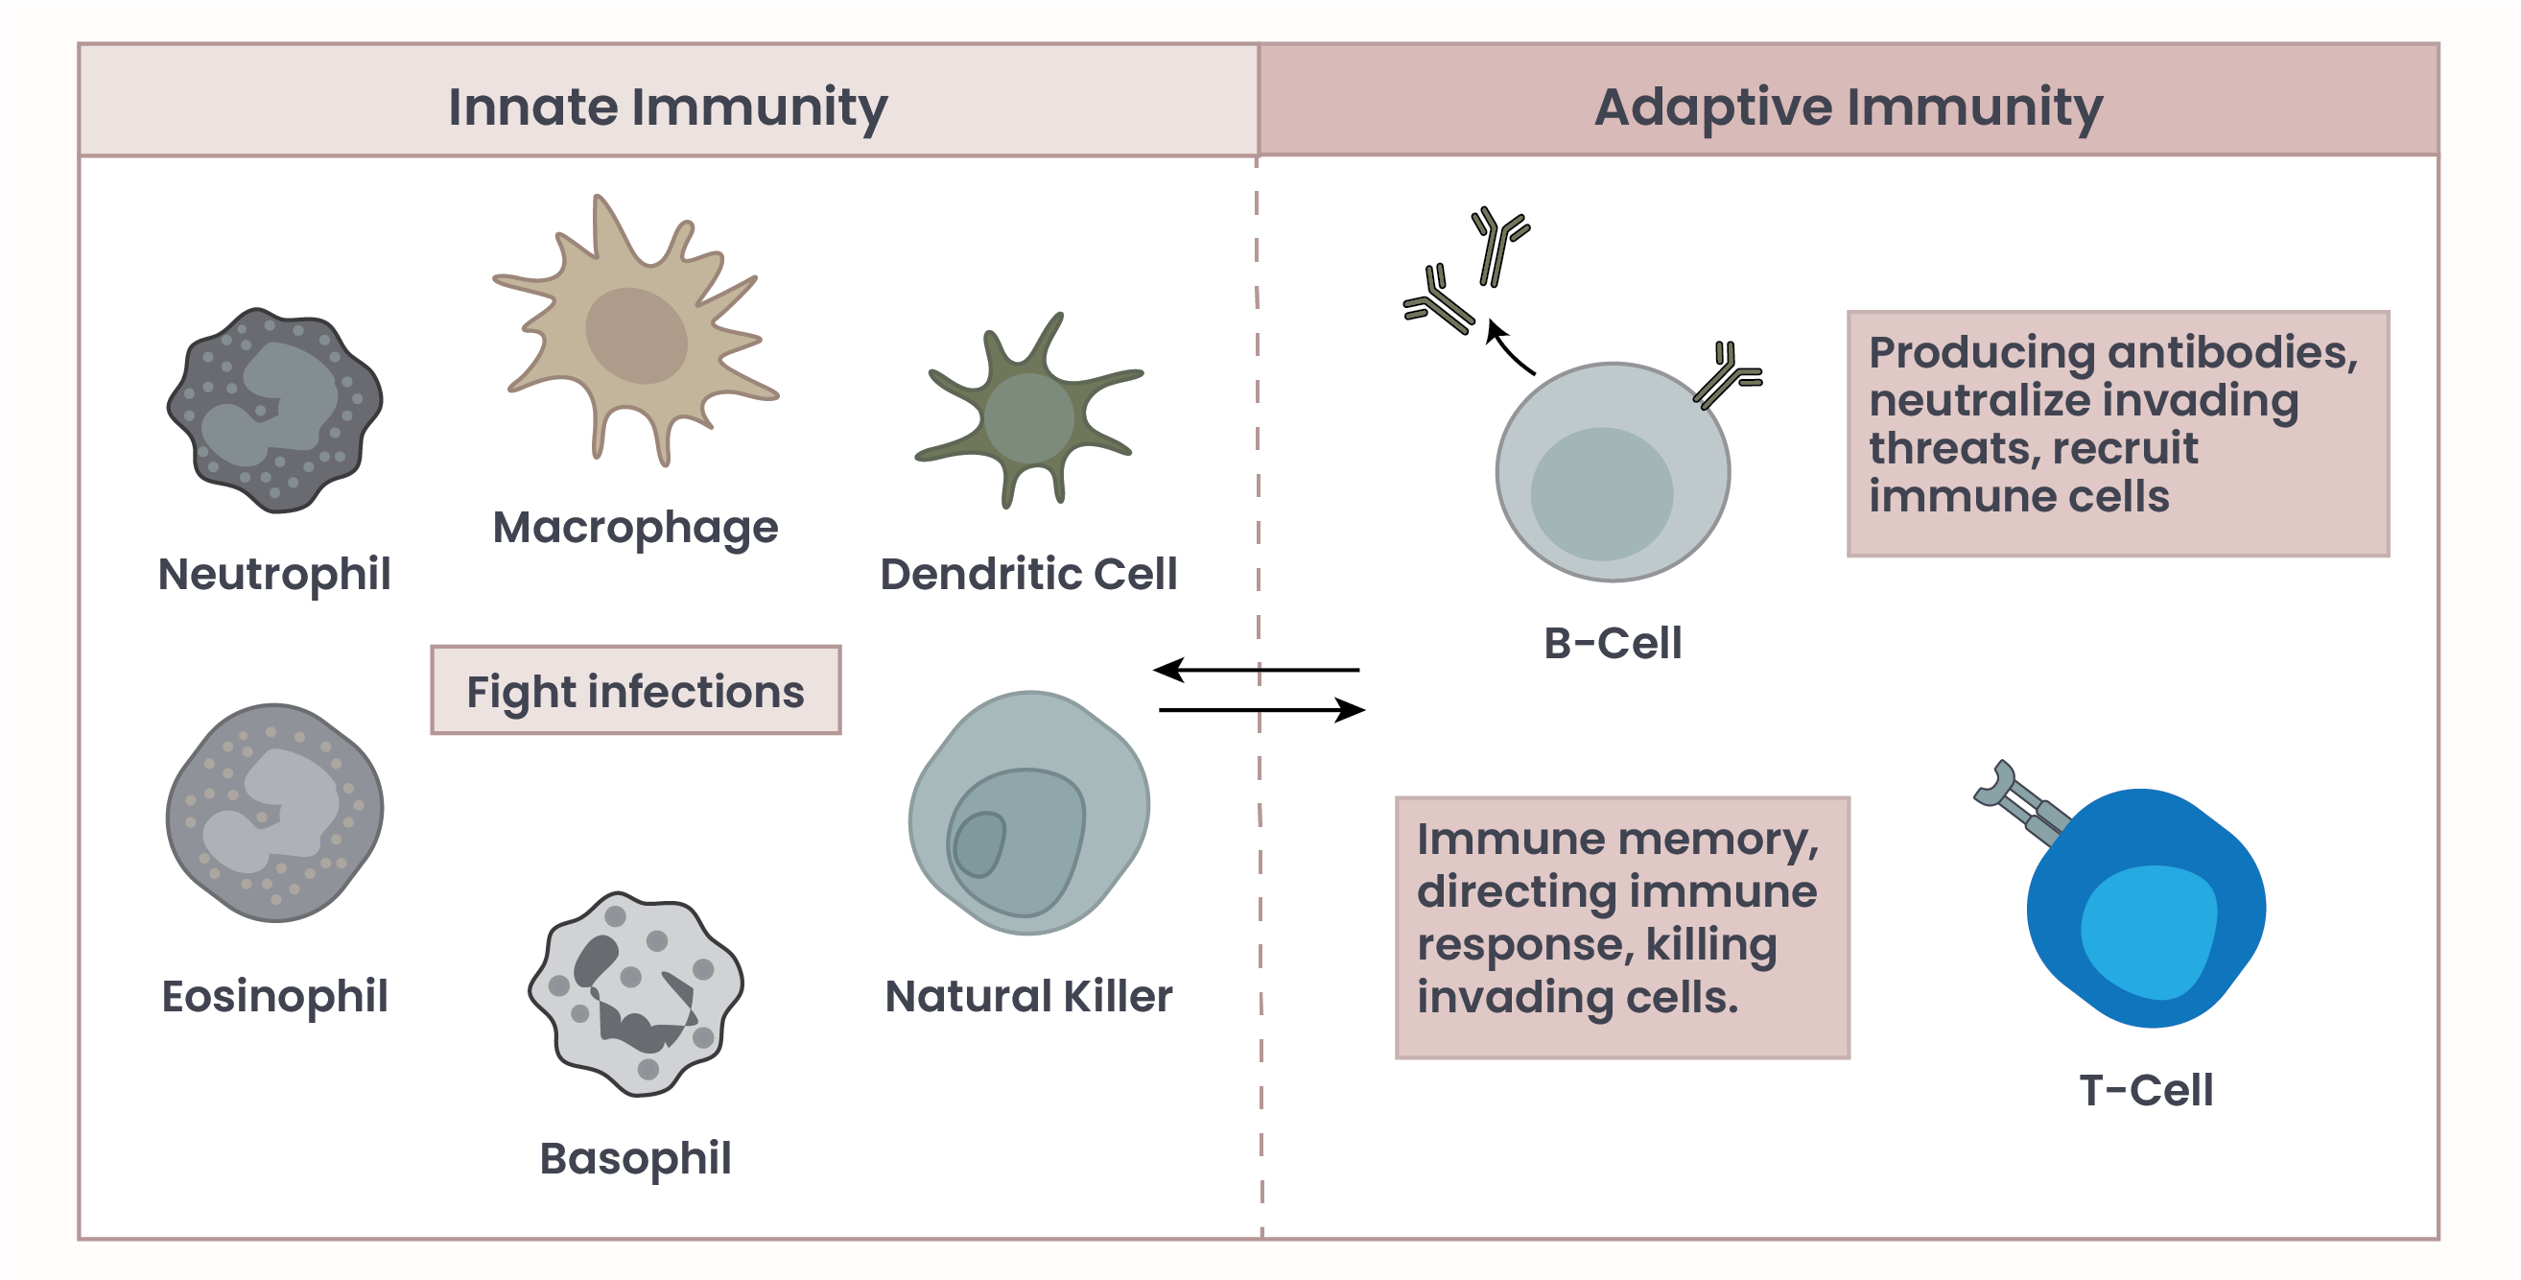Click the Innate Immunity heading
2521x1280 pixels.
click(x=668, y=107)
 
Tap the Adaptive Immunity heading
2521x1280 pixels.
click(x=1848, y=107)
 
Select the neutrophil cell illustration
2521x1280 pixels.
click(x=275, y=410)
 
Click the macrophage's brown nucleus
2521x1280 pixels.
click(x=636, y=335)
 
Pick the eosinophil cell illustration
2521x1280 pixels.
click(x=275, y=812)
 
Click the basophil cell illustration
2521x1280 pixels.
click(x=636, y=993)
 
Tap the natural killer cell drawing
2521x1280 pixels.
click(x=1028, y=812)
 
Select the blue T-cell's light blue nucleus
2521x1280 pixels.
click(x=2148, y=932)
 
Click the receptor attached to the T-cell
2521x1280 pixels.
click(x=2021, y=802)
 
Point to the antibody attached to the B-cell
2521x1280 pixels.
click(x=1729, y=375)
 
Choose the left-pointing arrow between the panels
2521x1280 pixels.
click(x=1256, y=670)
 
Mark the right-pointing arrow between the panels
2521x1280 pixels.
click(x=1262, y=709)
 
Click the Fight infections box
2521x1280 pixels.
click(x=636, y=690)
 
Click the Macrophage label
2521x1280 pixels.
click(x=635, y=529)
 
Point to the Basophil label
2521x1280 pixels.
click(x=635, y=1160)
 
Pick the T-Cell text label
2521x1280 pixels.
click(x=2146, y=1090)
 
